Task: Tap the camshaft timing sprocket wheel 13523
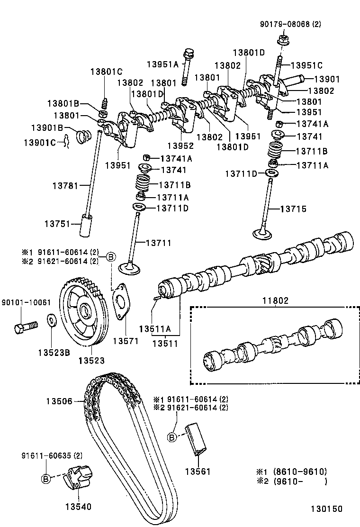pos(84,313)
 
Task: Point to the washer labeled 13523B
pos(51,321)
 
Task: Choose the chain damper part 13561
pos(196,438)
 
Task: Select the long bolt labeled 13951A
pos(188,65)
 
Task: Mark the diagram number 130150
pos(326,509)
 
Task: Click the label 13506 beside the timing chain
pos(59,401)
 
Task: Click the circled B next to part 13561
pos(172,436)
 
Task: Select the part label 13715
pos(293,209)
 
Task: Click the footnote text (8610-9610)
pos(298,472)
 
